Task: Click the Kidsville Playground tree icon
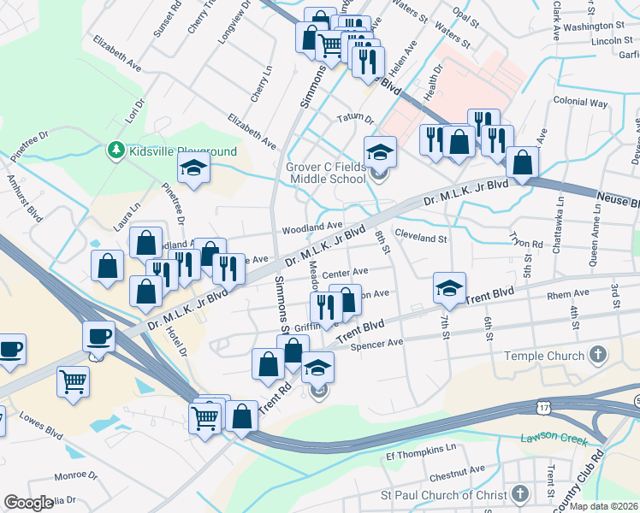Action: pyautogui.click(x=116, y=151)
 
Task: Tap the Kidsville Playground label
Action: pyautogui.click(x=182, y=151)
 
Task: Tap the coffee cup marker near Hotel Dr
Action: pyautogui.click(x=98, y=336)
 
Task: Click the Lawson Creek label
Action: pyautogui.click(x=553, y=439)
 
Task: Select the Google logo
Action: pyautogui.click(x=28, y=503)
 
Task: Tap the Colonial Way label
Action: pyautogui.click(x=579, y=103)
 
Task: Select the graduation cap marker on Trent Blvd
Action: pyautogui.click(x=448, y=288)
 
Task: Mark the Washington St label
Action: pyautogui.click(x=597, y=27)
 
